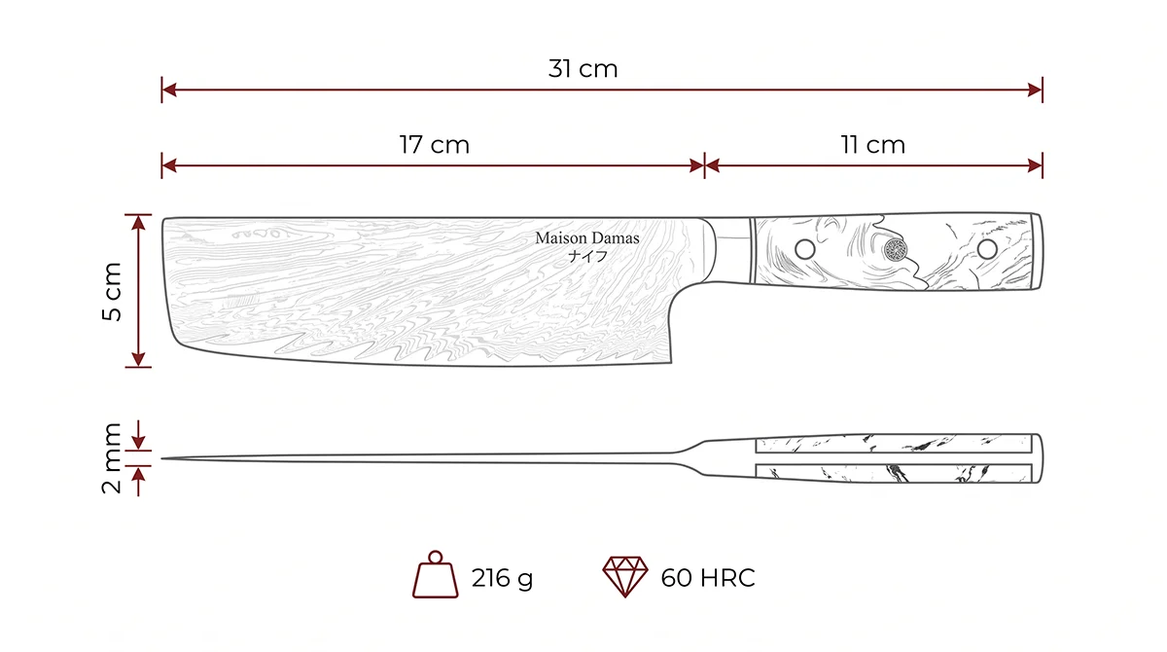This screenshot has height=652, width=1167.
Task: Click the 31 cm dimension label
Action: click(x=583, y=69)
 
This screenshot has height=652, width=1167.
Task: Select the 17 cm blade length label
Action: click(x=435, y=145)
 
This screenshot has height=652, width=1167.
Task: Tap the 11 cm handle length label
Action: click(x=873, y=145)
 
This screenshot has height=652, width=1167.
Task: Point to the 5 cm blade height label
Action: click(x=112, y=291)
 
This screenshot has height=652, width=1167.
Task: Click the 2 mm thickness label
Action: click(x=112, y=458)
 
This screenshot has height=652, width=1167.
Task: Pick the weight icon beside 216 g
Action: click(x=435, y=574)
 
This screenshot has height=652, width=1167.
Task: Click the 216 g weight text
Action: click(x=502, y=578)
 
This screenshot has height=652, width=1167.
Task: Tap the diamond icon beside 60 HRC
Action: click(x=625, y=576)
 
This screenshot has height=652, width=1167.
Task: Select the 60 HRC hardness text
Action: click(x=708, y=577)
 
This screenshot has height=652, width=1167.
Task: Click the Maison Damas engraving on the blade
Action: click(x=587, y=238)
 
